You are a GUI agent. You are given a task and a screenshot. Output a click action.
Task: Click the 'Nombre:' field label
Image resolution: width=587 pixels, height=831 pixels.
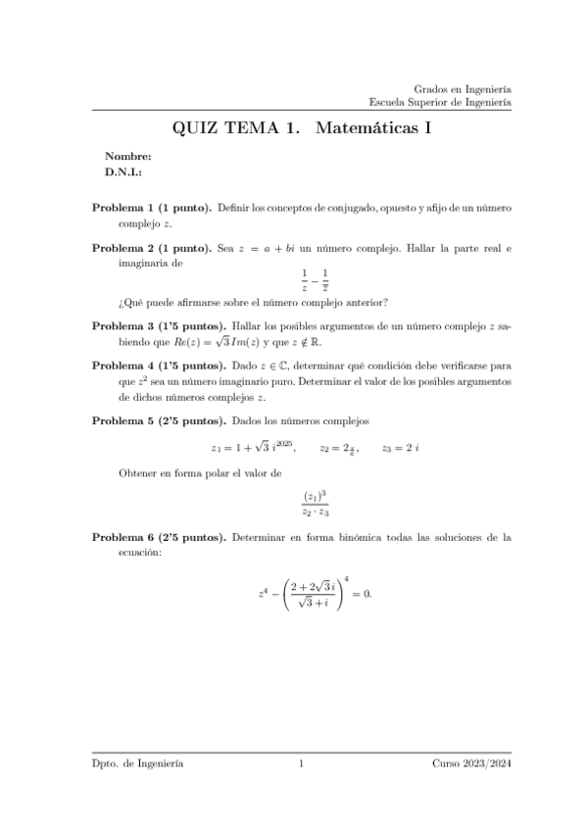127,156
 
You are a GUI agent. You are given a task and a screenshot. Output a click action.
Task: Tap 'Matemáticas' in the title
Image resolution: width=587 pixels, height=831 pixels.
362,127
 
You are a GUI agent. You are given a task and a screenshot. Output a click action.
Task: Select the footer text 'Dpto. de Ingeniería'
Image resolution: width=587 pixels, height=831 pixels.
136,763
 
